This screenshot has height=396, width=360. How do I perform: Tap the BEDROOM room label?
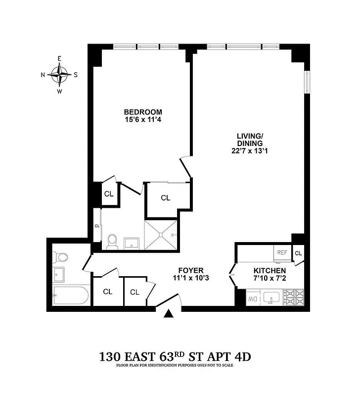tap(143, 112)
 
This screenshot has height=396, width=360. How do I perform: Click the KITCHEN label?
tap(270, 271)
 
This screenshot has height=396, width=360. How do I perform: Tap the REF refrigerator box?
tap(282, 252)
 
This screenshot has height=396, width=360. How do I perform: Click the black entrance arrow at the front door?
tap(170, 313)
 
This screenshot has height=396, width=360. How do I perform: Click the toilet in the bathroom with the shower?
tap(112, 241)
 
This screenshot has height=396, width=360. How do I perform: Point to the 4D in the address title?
tap(246, 356)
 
